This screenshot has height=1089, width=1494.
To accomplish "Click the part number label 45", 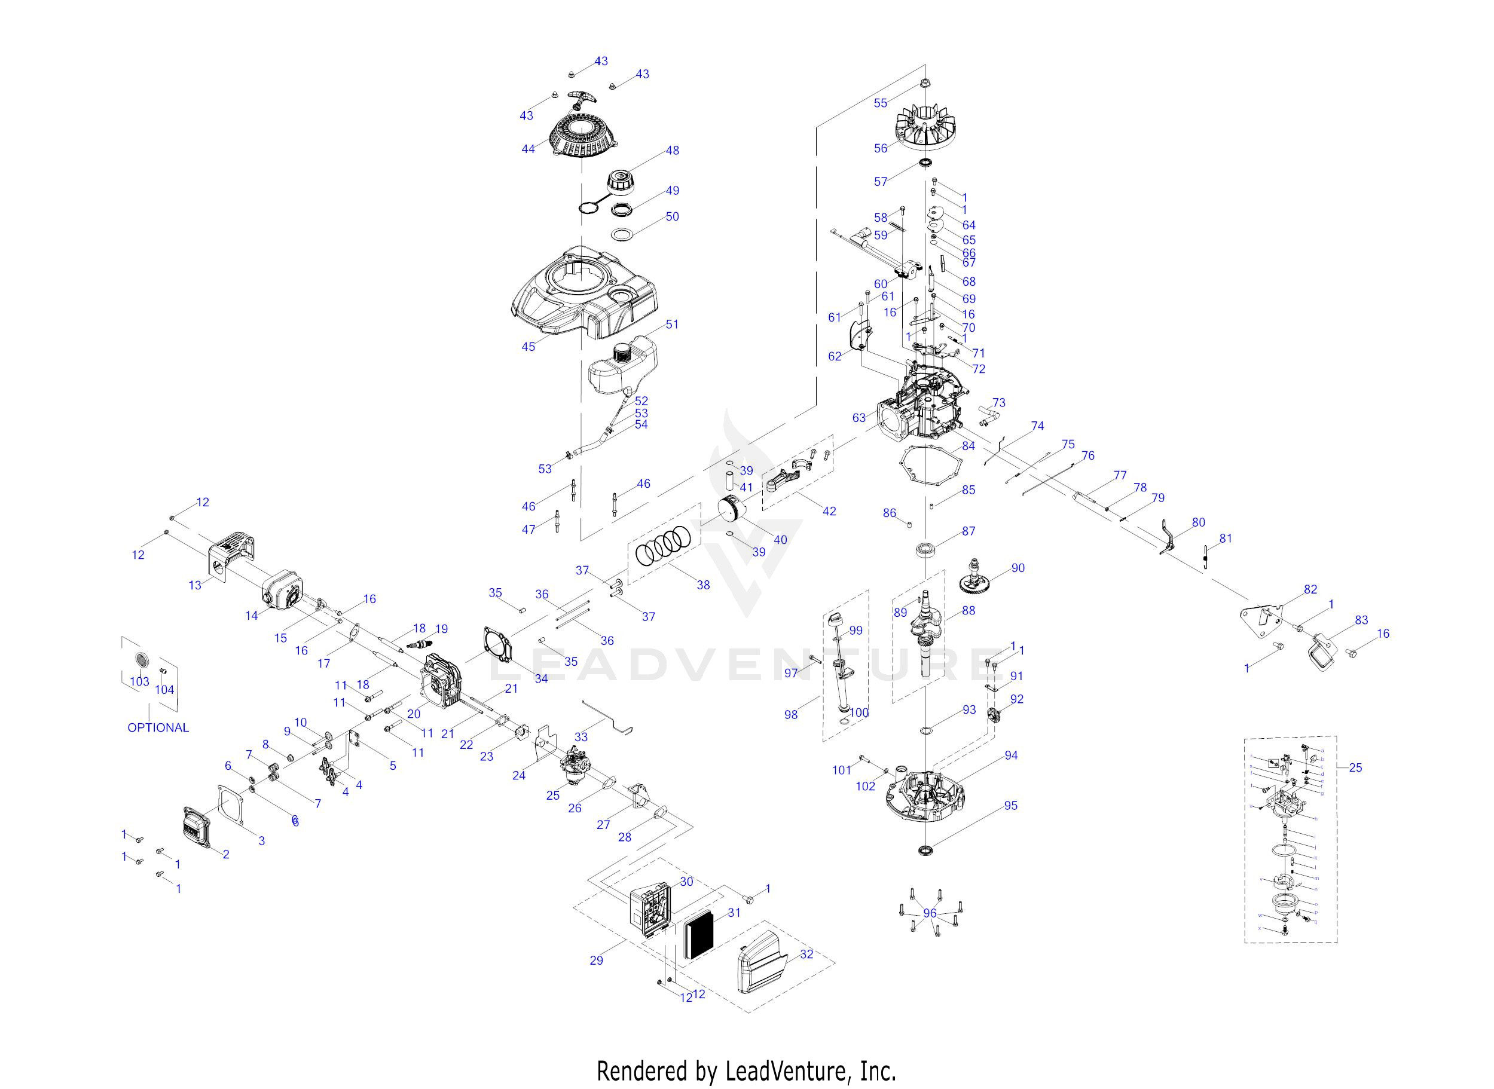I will pyautogui.click(x=528, y=346).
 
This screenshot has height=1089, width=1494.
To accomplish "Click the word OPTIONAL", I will pyautogui.click(x=158, y=728).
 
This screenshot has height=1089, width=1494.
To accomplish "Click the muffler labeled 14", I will pyautogui.click(x=282, y=588).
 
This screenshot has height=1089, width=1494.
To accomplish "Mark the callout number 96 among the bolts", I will pyautogui.click(x=930, y=913).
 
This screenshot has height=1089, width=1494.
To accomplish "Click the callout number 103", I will pyautogui.click(x=139, y=681).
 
